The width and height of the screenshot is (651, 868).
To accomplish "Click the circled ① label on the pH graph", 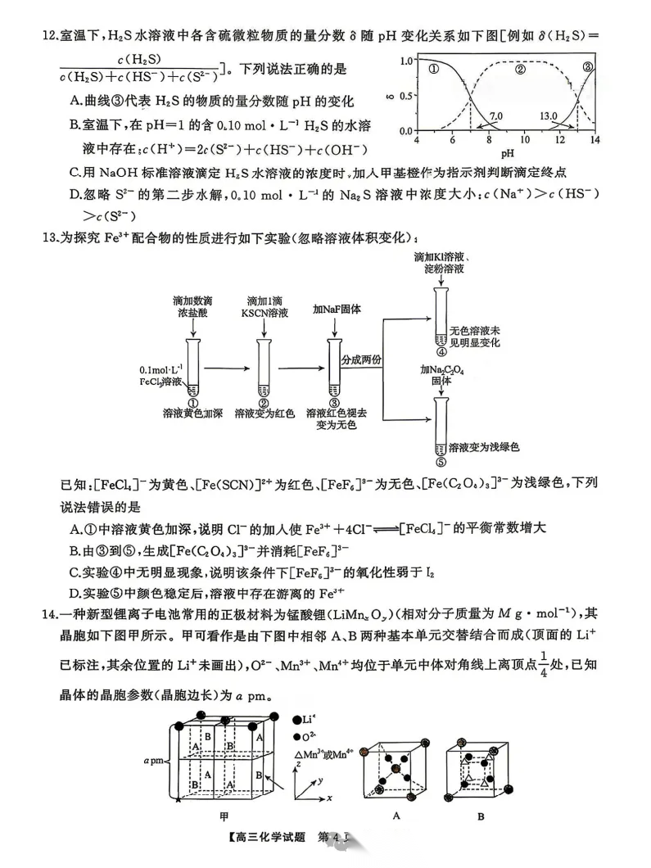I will coord(433,70).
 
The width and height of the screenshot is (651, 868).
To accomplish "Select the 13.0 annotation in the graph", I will coord(548,116).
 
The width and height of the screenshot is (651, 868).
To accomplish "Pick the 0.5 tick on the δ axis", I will coord(405,96).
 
